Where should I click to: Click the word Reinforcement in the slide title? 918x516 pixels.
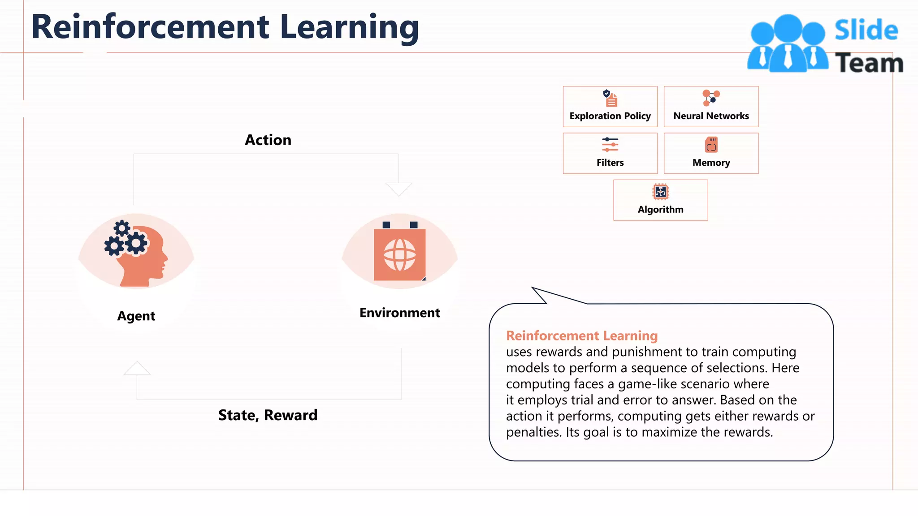150,27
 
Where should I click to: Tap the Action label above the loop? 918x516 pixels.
268,140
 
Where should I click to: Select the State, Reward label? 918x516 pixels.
268,415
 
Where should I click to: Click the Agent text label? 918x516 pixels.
136,316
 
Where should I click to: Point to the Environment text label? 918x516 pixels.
399,313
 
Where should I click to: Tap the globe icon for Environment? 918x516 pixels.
399,254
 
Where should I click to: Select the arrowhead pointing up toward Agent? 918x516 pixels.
137,368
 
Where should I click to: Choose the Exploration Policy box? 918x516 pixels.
610,107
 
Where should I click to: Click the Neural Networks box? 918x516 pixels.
711,107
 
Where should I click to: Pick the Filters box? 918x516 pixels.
610,153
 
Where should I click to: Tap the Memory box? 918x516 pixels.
711,153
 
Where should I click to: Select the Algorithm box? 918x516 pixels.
661,200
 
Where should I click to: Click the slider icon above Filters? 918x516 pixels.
610,144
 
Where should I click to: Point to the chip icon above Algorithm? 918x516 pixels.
661,192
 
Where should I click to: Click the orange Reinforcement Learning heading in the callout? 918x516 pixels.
582,335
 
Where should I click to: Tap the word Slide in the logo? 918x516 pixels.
866,30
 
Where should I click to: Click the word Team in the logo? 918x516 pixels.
869,63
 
